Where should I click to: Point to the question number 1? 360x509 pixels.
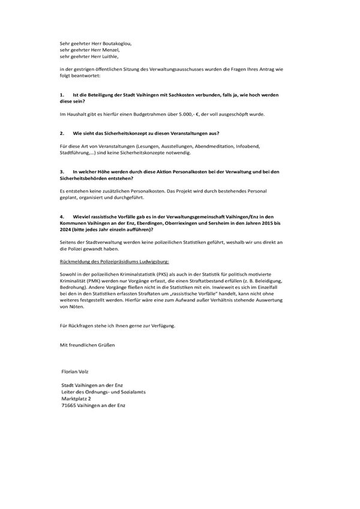click(62, 95)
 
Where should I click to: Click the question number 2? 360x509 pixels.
click(62, 133)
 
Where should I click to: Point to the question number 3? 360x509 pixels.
click(62, 171)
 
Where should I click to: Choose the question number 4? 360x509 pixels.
click(62, 216)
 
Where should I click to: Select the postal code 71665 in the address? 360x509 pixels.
click(70, 405)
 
